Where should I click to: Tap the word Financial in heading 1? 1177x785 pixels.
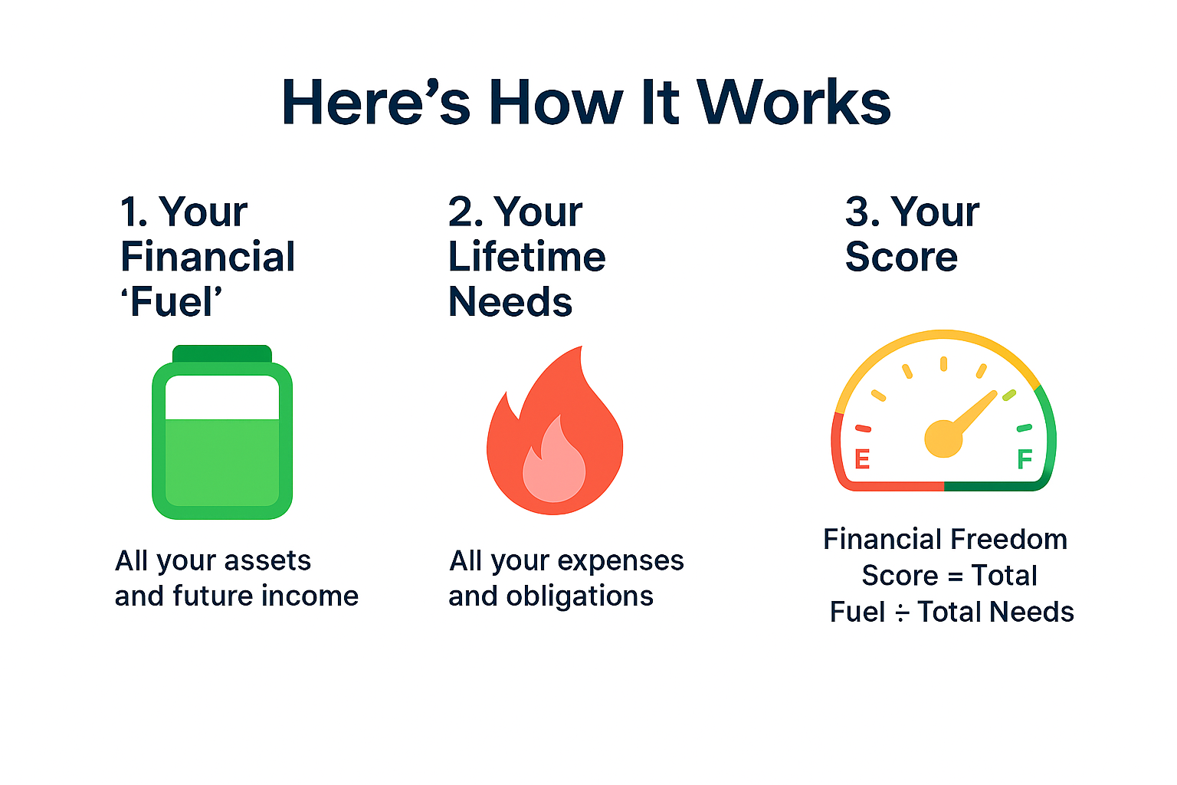208,257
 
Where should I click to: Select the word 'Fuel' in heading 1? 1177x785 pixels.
172,302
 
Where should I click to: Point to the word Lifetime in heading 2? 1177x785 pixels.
526,257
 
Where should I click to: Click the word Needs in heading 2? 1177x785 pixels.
510,302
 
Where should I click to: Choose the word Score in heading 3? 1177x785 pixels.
901,257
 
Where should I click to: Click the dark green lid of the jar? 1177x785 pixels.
222,353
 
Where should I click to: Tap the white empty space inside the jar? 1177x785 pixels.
222,397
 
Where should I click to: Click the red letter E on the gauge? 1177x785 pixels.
862,459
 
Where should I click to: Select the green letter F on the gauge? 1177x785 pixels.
1025,459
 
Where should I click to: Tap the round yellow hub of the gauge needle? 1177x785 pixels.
943,438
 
